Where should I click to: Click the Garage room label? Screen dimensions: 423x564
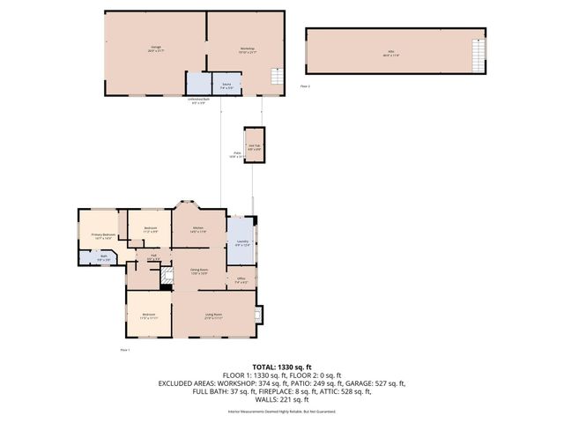pyautogui.click(x=155, y=50)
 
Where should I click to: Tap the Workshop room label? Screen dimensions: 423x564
pyautogui.click(x=247, y=50)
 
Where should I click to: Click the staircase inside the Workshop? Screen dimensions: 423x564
pyautogui.click(x=276, y=78)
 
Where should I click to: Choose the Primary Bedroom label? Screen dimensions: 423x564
pyautogui.click(x=103, y=235)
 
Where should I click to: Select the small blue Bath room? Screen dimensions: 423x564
pyautogui.click(x=103, y=258)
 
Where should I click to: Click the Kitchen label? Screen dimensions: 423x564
pyautogui.click(x=200, y=231)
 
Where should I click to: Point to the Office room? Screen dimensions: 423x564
pyautogui.click(x=241, y=280)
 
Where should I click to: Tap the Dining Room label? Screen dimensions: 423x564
pyautogui.click(x=199, y=271)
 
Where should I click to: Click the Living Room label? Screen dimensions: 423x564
pyautogui.click(x=213, y=315)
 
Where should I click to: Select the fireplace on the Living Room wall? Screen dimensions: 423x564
pyautogui.click(x=257, y=315)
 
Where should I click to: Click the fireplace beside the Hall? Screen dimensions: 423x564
pyautogui.click(x=164, y=274)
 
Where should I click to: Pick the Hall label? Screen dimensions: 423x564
pyautogui.click(x=152, y=256)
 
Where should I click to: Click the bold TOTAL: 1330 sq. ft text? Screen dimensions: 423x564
pyautogui.click(x=281, y=367)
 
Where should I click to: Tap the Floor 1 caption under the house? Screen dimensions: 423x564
pyautogui.click(x=124, y=350)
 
